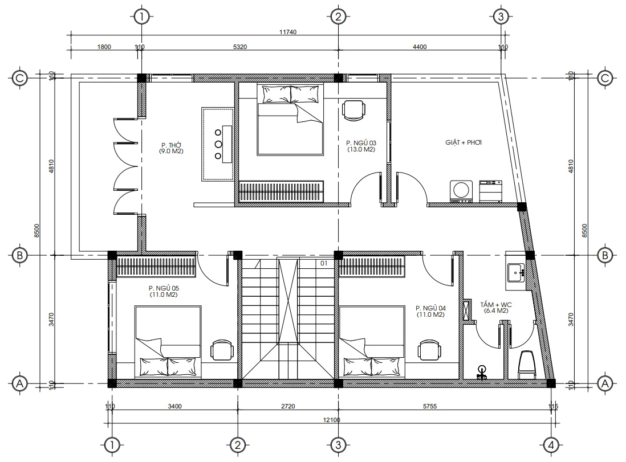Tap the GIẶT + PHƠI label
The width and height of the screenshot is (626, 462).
[x=464, y=142]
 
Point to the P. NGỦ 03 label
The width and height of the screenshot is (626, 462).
[x=361, y=146]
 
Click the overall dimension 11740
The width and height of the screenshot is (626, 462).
[x=288, y=33]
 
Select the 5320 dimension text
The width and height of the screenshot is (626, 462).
[x=240, y=47]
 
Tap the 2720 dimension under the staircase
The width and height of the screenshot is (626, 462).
[x=288, y=406]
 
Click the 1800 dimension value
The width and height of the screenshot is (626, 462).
[x=104, y=47]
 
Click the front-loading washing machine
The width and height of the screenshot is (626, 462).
[x=461, y=191]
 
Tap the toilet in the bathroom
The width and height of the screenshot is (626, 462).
[x=526, y=365]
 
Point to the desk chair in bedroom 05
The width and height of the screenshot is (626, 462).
[x=221, y=350]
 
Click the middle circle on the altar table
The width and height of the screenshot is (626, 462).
[x=218, y=144]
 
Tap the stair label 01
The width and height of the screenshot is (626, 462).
[x=323, y=263]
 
